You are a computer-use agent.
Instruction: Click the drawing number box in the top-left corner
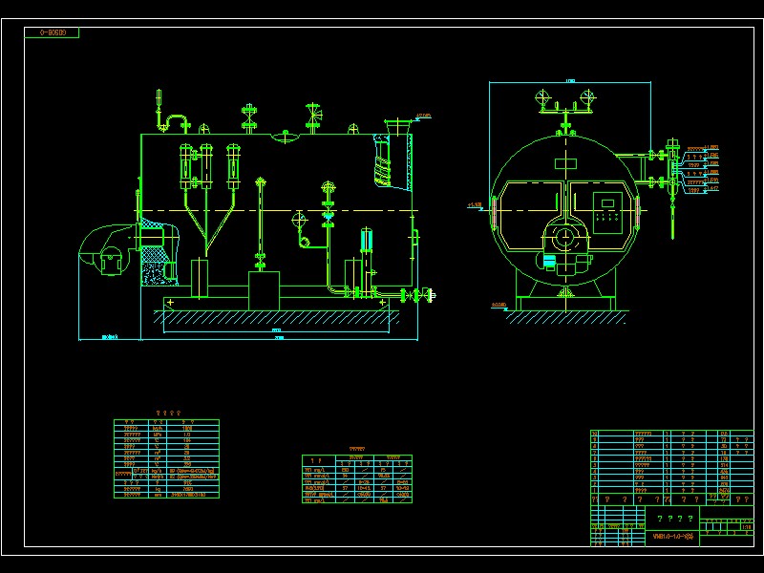(x=53, y=32)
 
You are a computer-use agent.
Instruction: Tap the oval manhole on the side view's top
(x=285, y=138)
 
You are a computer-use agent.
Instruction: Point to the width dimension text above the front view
(x=570, y=80)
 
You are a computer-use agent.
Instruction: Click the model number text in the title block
(x=674, y=537)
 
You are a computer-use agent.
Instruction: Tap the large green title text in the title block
(x=674, y=519)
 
